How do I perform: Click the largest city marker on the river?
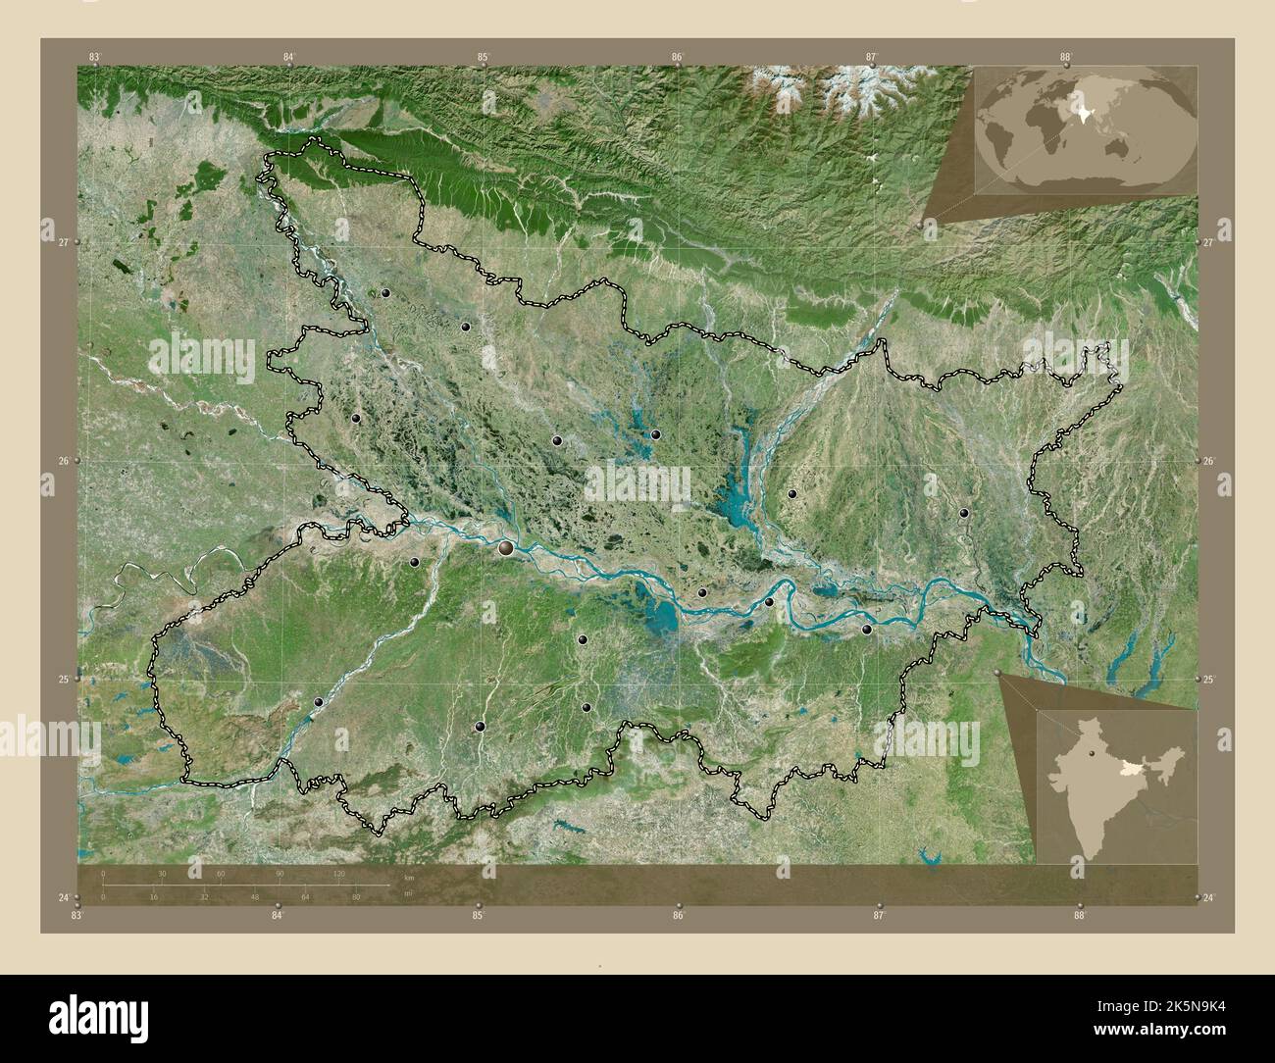(x=506, y=549)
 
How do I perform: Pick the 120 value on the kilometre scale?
(x=339, y=873)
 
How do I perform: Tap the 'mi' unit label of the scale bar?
(x=408, y=894)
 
